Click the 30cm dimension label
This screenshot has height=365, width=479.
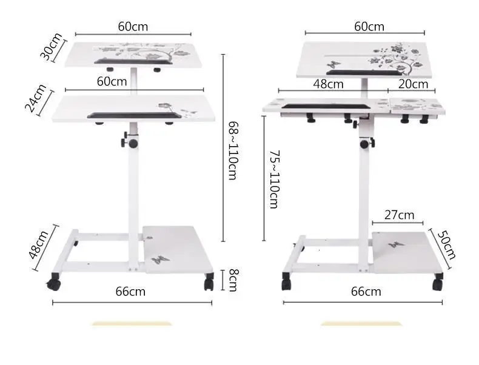pos(52,47)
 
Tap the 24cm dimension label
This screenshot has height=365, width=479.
pos(36,98)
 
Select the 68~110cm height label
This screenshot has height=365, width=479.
pos(233,150)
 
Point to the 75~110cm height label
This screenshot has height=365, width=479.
pos(274,179)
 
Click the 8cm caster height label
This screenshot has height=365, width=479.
pos(233,280)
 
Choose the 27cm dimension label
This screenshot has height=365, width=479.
pos(400,215)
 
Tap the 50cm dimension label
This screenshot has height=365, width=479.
pos(446,245)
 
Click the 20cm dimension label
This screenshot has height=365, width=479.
pos(413,84)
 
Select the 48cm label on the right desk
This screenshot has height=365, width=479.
pos(329,84)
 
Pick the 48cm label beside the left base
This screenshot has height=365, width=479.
pos(39,244)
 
